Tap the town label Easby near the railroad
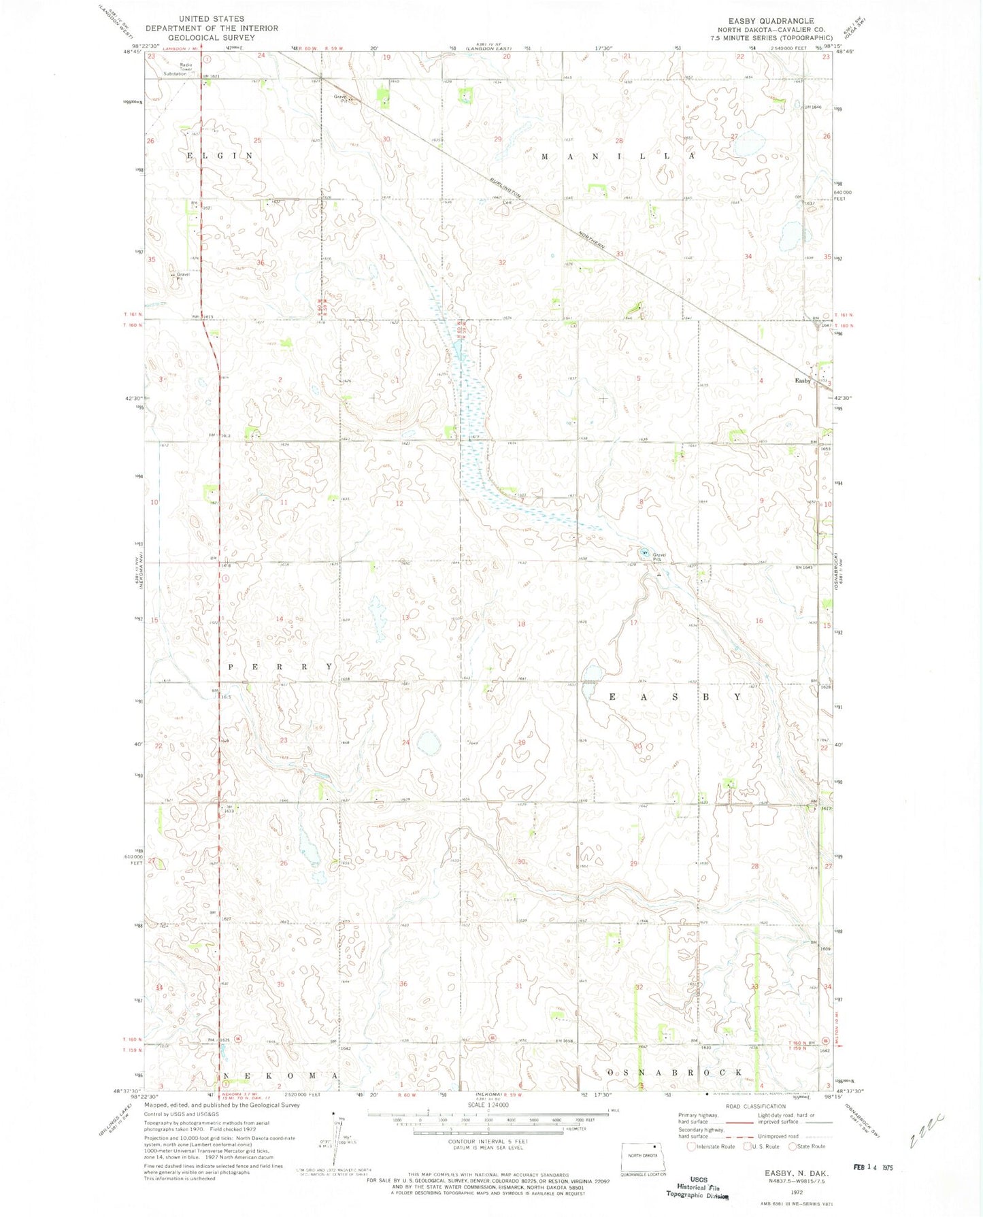[x=803, y=381]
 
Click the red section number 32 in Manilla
[x=502, y=262]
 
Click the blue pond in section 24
[x=429, y=744]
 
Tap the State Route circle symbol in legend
[x=793, y=1146]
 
